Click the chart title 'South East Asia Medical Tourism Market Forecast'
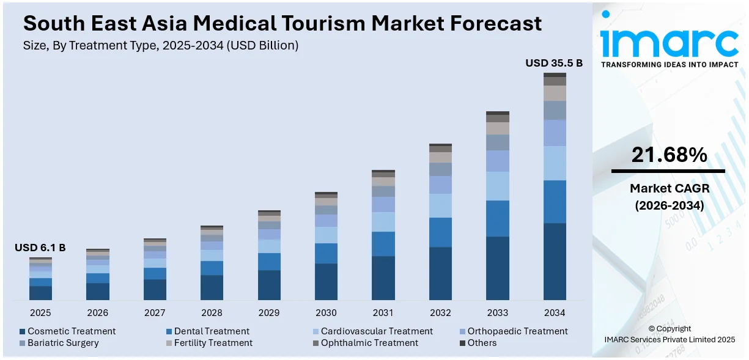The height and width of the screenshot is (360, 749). coord(282,23)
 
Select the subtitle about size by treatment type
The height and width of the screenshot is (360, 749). coord(160,45)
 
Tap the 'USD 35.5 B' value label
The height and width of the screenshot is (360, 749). coord(554,63)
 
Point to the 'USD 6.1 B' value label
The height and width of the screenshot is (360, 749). coord(40,248)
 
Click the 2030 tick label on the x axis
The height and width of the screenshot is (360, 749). coord(326,313)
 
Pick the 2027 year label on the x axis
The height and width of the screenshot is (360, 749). coord(155,313)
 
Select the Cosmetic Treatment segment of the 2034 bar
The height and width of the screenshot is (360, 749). coord(555,262)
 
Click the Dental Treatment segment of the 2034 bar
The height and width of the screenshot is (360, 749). coord(555,202)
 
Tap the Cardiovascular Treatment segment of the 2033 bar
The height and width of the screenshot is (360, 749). coord(497,186)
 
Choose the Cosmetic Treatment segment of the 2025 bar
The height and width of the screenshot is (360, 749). coord(40,293)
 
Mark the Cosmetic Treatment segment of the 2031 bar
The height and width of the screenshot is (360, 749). coord(383,278)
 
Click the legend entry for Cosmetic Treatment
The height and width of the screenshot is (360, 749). coord(67,331)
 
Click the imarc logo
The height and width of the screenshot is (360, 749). coord(669,42)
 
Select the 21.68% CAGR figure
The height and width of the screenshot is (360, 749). coord(669,156)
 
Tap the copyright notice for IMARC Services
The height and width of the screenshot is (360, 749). coord(670,334)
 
